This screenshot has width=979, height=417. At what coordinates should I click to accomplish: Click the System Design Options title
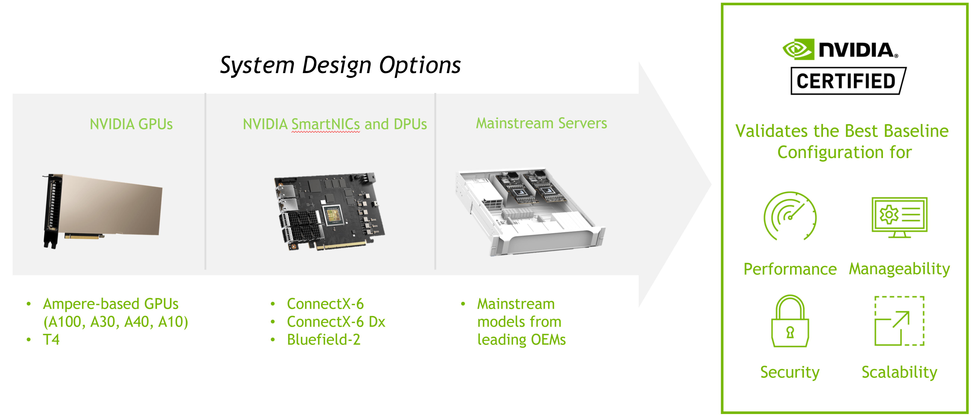(x=340, y=65)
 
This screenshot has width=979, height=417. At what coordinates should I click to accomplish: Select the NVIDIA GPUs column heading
(x=131, y=124)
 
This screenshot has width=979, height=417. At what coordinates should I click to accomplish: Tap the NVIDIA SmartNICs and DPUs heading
(x=334, y=124)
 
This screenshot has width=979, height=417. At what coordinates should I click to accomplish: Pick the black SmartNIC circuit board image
(x=329, y=211)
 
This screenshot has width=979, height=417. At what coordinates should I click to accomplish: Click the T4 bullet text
(x=51, y=339)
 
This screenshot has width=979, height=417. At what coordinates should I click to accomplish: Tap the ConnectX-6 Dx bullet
(x=336, y=322)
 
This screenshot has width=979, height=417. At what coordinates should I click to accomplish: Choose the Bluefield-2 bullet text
(x=323, y=339)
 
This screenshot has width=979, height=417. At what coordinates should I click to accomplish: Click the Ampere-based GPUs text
(x=111, y=304)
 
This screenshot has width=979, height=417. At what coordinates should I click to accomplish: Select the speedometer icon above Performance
(x=790, y=216)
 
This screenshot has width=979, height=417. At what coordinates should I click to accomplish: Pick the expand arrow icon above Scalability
(x=899, y=321)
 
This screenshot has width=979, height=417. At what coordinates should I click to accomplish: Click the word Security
(x=790, y=372)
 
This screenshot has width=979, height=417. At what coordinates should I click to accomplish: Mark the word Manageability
(x=899, y=269)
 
